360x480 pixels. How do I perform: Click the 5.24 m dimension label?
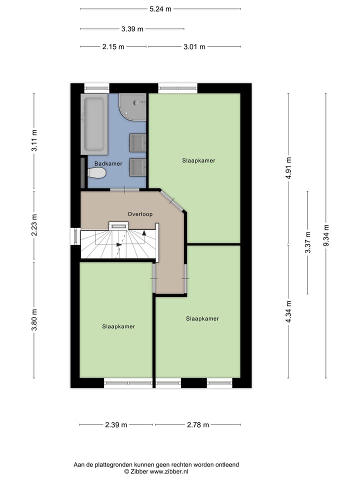[x=160, y=8]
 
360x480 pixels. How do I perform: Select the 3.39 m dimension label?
[x=132, y=28]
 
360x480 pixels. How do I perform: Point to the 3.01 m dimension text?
[x=194, y=46]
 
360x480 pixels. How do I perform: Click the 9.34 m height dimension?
[x=326, y=235]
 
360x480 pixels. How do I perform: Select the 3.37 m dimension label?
[x=307, y=242]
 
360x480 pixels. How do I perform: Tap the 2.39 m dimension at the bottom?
[x=116, y=424]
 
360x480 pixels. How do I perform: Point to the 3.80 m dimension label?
[x=34, y=319]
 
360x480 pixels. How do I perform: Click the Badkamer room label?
[x=108, y=163]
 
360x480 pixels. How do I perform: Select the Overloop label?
[x=139, y=214]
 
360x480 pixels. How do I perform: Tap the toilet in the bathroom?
[x=96, y=173]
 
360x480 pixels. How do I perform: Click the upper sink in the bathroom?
[x=137, y=142]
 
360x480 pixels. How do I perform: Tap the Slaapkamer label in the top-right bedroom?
[x=198, y=160]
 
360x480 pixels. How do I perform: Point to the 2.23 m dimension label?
[x=34, y=226]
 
